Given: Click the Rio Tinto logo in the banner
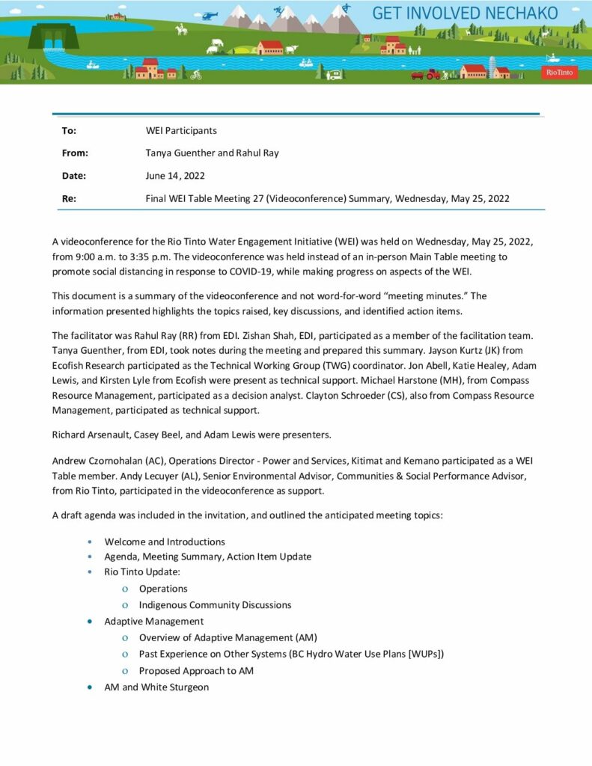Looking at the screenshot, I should click(x=559, y=73).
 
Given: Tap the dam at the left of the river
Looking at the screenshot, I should click(x=53, y=35).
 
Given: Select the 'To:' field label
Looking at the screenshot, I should click(x=69, y=131).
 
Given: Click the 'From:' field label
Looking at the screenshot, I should click(x=75, y=153).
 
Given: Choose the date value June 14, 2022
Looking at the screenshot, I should click(x=175, y=176).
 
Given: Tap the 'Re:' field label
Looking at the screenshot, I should click(x=69, y=198).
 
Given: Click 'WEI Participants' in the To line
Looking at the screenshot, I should click(x=181, y=131).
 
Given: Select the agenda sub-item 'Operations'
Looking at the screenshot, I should click(x=163, y=589).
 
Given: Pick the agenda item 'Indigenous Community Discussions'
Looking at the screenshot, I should click(x=215, y=604).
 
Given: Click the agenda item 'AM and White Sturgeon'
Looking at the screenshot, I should click(x=156, y=687).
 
